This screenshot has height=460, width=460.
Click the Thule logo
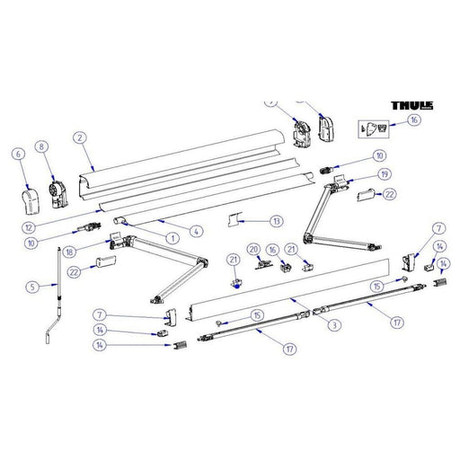click(411, 105)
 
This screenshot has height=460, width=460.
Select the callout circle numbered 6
click(17, 154)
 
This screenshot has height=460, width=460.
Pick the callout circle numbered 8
click(40, 146)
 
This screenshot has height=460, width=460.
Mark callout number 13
click(276, 220)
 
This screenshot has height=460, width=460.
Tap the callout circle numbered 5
click(31, 287)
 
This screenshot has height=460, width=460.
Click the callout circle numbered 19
click(385, 173)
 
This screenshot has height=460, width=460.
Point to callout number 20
click(253, 249)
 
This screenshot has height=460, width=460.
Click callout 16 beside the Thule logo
click(413, 119)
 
